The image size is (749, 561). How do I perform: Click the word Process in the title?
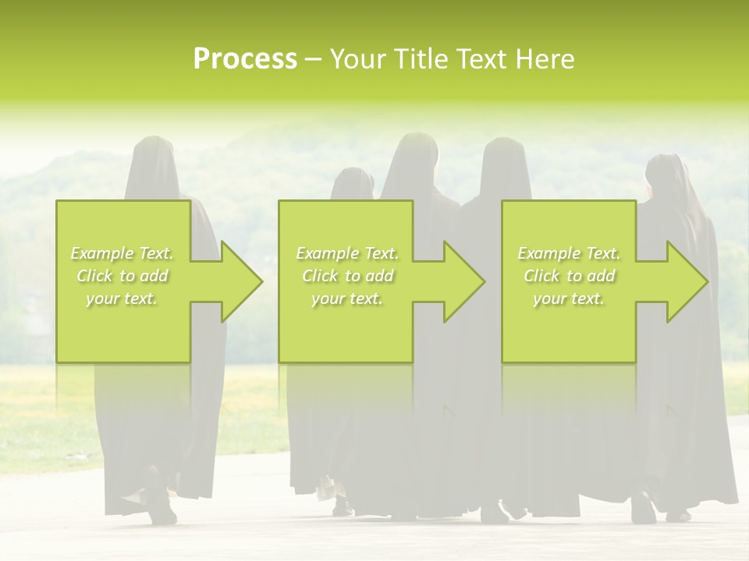245,59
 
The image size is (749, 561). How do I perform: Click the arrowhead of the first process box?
242,281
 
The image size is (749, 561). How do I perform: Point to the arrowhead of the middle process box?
464,281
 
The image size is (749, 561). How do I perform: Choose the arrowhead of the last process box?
687,281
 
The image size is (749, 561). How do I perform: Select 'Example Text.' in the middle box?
347,253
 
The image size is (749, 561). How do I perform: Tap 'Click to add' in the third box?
569,276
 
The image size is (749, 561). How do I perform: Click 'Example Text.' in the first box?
122,253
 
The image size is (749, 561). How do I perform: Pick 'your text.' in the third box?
569,298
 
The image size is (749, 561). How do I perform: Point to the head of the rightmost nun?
665,171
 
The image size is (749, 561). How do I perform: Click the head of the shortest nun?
353,184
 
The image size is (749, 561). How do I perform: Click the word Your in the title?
356,59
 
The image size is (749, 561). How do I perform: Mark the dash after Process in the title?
313,59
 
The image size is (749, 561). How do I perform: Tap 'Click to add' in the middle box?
347,276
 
